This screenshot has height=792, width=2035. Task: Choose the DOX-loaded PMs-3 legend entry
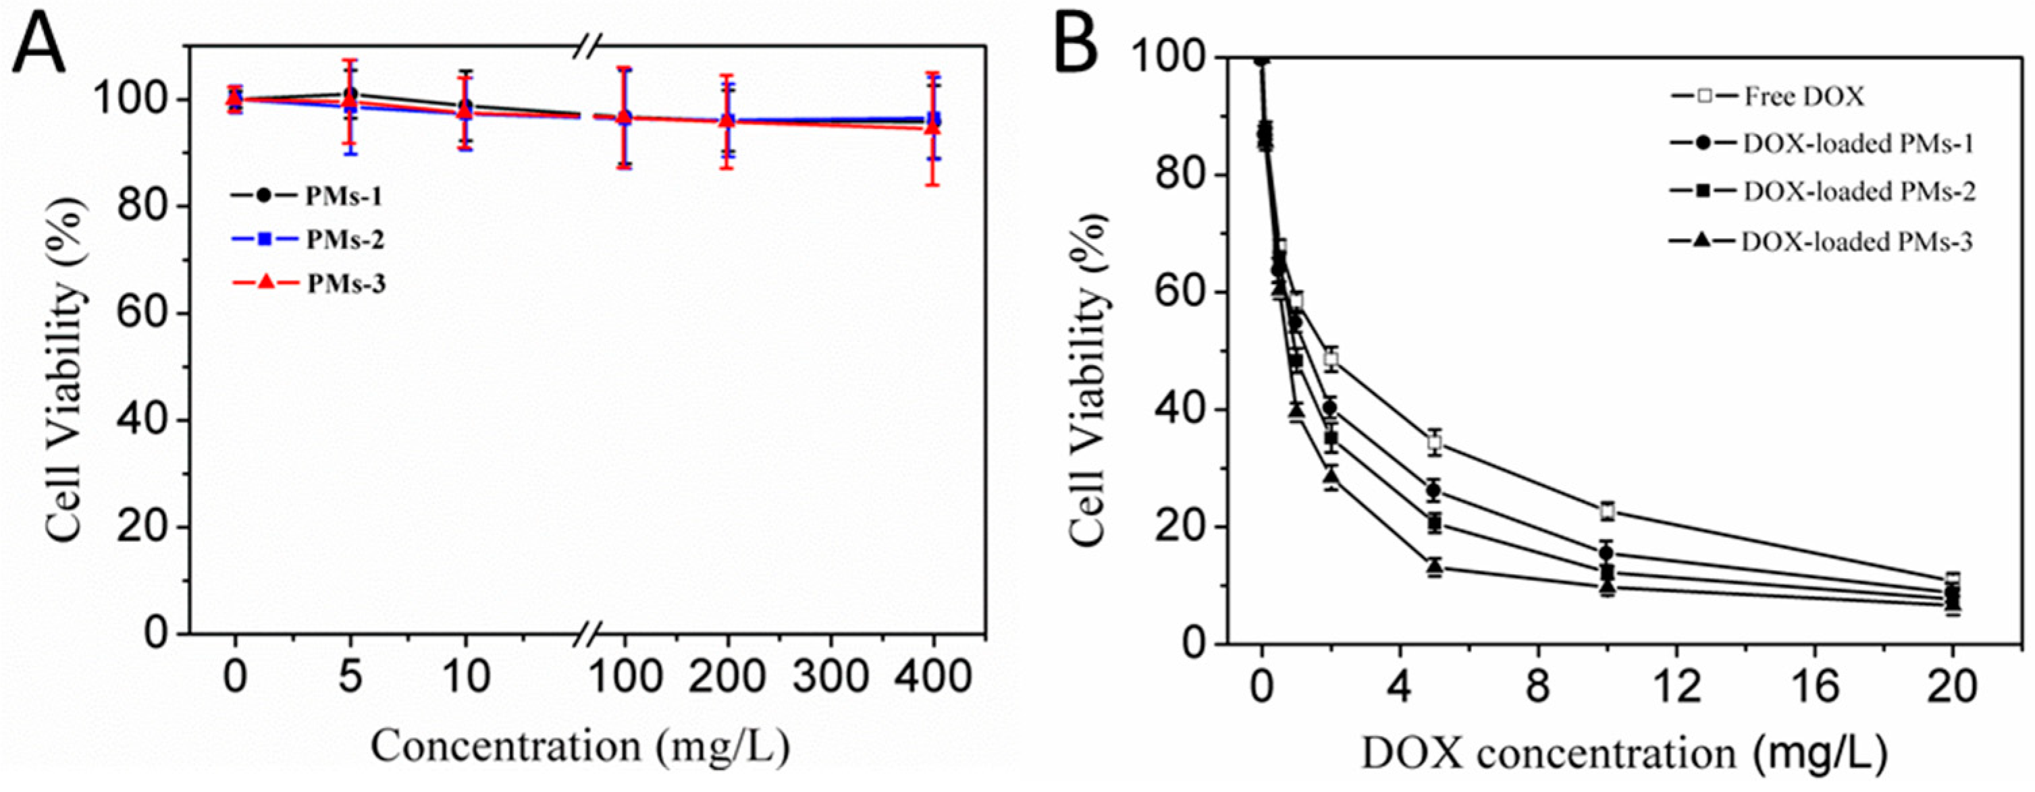(1820, 242)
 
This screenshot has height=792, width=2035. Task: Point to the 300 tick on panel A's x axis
(830, 677)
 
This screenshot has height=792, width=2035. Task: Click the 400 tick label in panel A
(934, 677)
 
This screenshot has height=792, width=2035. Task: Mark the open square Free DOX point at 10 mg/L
(1607, 510)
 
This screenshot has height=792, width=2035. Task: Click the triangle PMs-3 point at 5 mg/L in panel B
(1435, 566)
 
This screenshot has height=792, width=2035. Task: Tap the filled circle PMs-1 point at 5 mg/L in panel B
(1435, 490)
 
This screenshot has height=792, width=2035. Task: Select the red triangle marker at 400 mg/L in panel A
(933, 126)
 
